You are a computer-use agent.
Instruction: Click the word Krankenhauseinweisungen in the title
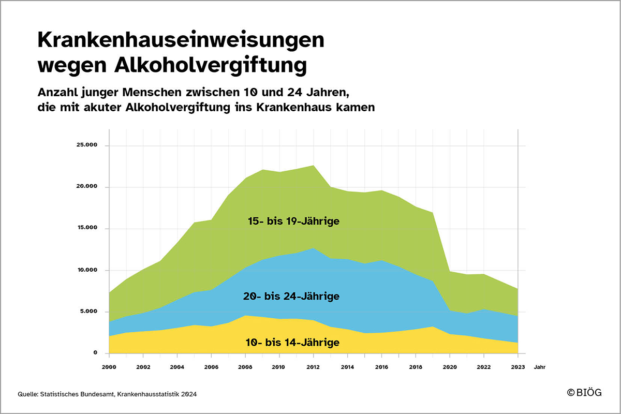181,40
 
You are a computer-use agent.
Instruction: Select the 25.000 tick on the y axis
87,145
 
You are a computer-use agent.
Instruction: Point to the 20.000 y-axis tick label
87,187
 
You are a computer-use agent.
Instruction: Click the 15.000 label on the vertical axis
87,229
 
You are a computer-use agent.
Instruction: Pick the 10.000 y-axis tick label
87,270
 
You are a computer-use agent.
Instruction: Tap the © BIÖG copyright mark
584,393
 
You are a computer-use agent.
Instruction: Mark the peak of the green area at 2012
314,166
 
